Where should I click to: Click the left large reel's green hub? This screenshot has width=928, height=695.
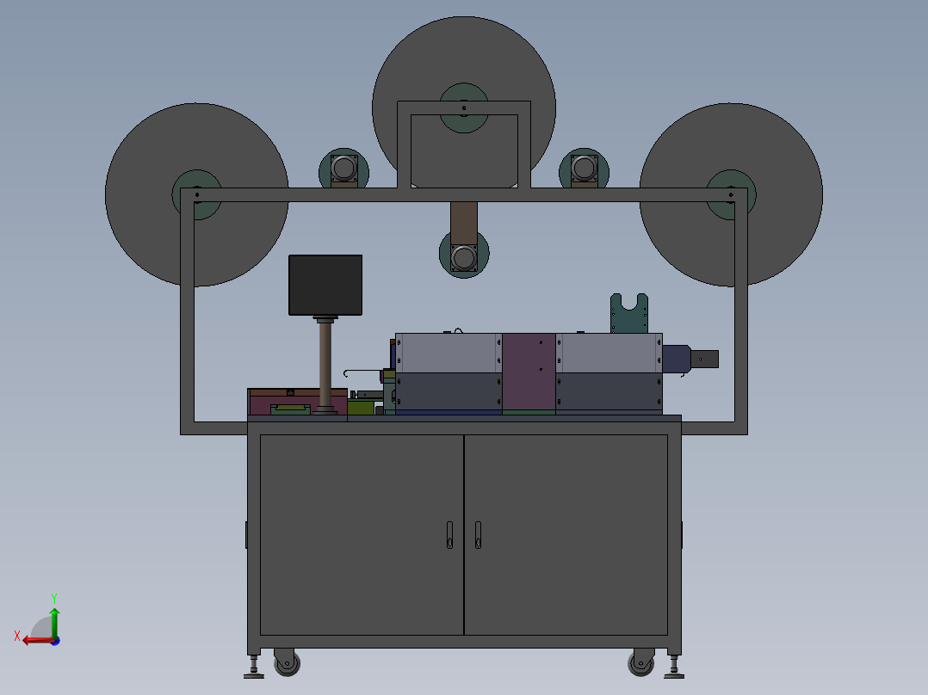197,194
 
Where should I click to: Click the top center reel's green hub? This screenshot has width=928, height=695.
464,108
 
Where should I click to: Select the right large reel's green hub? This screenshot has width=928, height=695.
731,194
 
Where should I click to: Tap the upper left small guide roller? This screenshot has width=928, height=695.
344,169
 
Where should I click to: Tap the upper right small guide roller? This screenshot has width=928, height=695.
585,169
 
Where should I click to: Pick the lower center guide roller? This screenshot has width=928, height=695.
464,256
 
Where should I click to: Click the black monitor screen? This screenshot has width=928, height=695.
325,285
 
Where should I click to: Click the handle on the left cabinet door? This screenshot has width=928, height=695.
449,534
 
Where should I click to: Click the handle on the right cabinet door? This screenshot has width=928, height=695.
478,534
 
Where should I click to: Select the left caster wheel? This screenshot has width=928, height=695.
287,663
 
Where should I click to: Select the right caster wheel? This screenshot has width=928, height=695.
641,663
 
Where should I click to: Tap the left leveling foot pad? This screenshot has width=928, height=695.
254,674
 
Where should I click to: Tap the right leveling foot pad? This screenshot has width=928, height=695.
674,674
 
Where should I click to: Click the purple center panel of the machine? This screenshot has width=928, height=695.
529,372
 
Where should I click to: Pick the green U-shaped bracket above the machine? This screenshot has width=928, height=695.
629,315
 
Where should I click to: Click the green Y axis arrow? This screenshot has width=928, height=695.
54,618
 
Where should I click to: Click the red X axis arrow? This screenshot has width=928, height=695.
34,640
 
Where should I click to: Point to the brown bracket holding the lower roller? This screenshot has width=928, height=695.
464,221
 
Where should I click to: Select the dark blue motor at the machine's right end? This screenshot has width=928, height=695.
677,359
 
